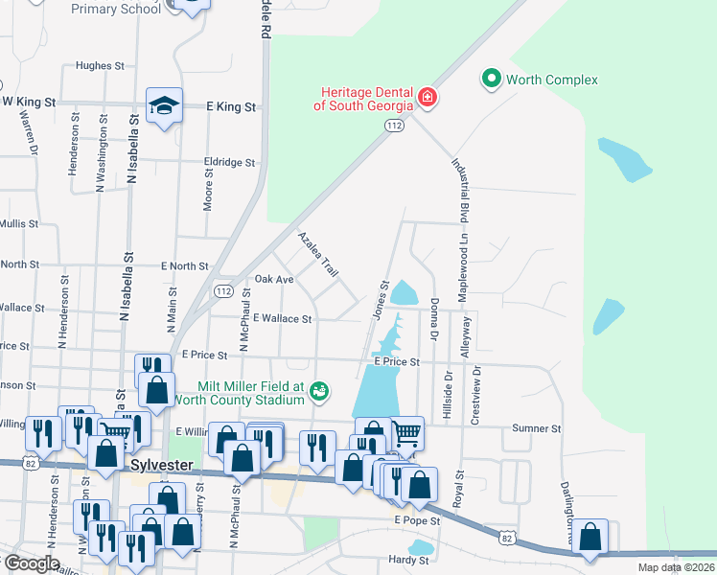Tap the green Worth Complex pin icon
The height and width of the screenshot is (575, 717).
click(x=492, y=79)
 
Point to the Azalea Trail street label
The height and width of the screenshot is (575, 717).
click(x=318, y=255)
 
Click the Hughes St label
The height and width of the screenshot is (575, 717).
click(x=101, y=67)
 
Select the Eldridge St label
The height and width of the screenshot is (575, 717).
click(x=230, y=163)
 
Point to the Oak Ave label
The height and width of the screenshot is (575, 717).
click(x=274, y=280)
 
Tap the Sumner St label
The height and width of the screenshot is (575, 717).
click(x=536, y=428)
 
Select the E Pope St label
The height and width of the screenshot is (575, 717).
click(x=416, y=520)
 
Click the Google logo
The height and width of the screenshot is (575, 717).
click(x=32, y=563)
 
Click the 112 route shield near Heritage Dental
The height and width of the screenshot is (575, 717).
click(x=393, y=126)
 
